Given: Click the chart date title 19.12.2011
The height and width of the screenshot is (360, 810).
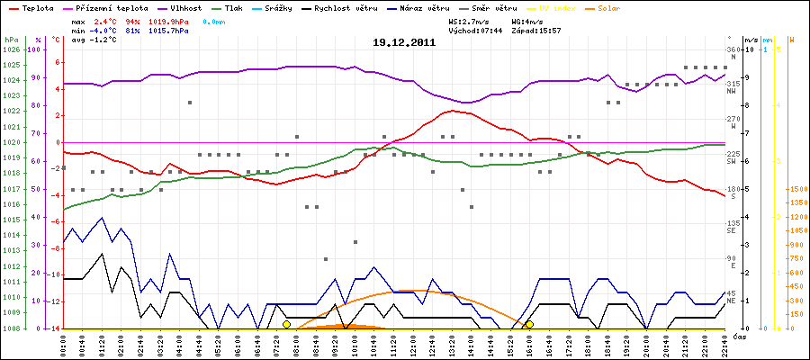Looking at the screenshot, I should click(x=404, y=42).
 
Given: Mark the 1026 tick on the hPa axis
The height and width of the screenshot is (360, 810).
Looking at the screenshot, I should click(x=12, y=49).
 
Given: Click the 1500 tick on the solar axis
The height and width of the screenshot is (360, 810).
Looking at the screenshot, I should click(x=796, y=190).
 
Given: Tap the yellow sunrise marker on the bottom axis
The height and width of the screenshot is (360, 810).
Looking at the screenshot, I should click(x=286, y=324).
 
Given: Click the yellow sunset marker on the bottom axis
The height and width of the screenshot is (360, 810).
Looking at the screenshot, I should click(x=529, y=324).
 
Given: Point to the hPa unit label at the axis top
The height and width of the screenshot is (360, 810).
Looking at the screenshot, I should click(x=11, y=40).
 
